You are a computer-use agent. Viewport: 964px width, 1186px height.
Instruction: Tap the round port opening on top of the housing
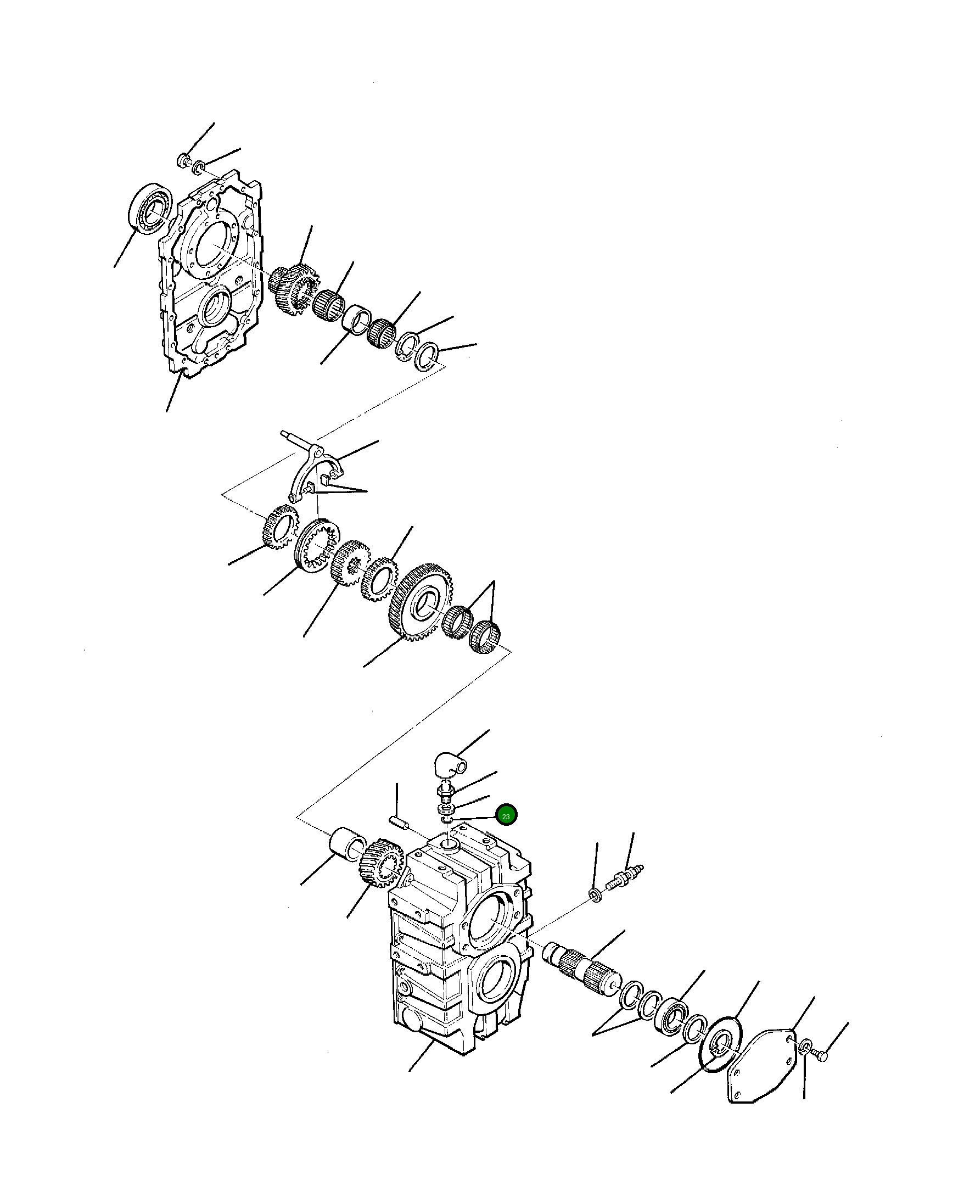click(449, 846)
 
